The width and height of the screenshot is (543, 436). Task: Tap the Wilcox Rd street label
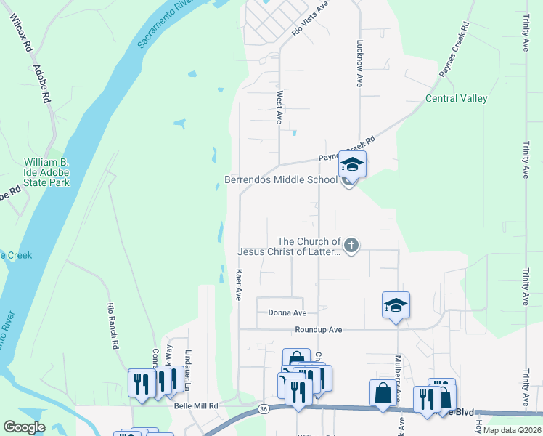(23, 34)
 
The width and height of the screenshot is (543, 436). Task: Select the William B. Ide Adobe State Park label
(46, 172)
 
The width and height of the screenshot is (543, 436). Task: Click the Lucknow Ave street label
(359, 63)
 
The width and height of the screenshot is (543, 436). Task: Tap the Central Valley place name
(456, 98)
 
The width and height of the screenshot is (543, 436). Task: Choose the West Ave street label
(279, 107)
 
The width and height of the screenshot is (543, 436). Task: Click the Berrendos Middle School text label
(280, 179)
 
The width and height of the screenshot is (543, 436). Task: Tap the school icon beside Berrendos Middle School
(352, 165)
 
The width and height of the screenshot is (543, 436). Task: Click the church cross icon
(351, 246)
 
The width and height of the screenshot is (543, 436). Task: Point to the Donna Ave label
(287, 312)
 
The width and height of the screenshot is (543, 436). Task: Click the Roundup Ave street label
(318, 329)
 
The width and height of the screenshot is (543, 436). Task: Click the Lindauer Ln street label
(187, 361)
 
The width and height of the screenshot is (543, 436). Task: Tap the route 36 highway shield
(263, 411)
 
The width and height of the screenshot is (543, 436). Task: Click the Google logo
(25, 427)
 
